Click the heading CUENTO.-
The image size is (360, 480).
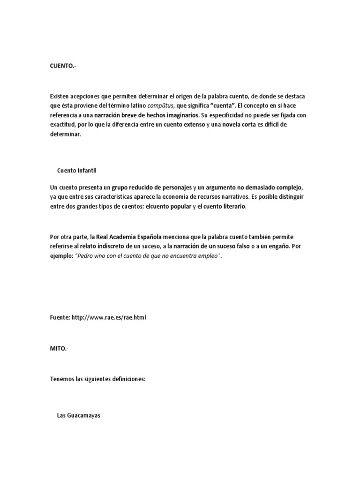click(62, 67)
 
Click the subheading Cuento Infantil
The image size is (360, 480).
click(77, 170)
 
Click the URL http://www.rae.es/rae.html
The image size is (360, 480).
click(109, 317)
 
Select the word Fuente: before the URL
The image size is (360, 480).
click(60, 317)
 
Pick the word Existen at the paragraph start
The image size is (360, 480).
click(60, 96)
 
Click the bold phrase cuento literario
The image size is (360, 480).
click(225, 206)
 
